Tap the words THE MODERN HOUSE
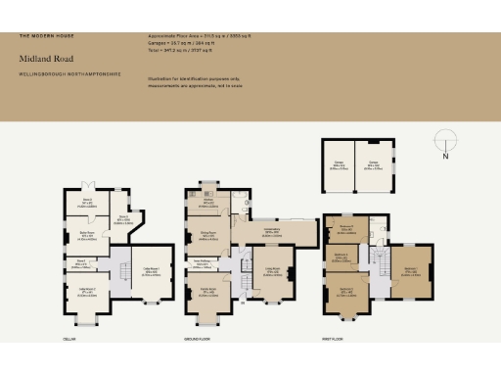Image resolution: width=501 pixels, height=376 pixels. [40, 36]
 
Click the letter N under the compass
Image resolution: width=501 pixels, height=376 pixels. [444, 156]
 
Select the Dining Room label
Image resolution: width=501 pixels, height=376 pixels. [208, 237]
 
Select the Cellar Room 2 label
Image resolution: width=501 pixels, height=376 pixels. [86, 290]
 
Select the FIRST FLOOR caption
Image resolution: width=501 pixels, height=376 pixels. [332, 338]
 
